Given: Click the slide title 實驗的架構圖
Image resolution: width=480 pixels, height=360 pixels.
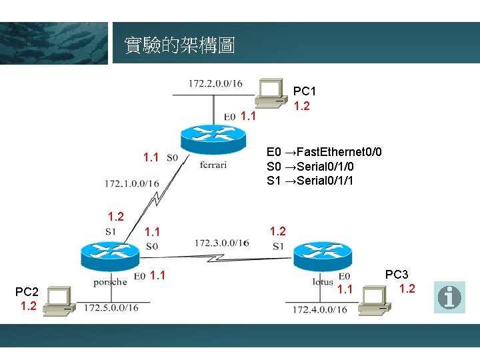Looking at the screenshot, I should click(x=179, y=45).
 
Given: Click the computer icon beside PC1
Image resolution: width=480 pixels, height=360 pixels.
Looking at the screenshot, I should click(x=271, y=93).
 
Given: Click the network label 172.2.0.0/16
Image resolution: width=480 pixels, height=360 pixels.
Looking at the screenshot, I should click(x=215, y=83).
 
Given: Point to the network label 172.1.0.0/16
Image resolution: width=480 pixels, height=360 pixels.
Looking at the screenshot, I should click(x=131, y=183).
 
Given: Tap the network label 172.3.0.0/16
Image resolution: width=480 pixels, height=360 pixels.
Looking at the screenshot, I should click(x=222, y=243).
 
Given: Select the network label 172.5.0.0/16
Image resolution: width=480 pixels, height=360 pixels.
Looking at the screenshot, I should click(x=111, y=307).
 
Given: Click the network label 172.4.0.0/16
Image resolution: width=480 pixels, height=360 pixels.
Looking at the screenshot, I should click(x=319, y=309).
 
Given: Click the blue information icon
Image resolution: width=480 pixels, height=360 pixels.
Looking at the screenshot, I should click(x=449, y=297).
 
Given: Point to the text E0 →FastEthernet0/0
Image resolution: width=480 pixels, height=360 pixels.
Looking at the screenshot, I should click(x=324, y=152).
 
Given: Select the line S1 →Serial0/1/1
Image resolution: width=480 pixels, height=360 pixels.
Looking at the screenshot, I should click(x=310, y=181).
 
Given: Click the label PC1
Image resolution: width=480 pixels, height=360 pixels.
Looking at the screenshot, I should click(x=305, y=91).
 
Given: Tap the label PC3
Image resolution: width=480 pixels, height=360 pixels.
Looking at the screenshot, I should click(x=397, y=274).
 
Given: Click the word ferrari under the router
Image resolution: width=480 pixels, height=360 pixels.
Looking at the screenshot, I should click(x=213, y=165).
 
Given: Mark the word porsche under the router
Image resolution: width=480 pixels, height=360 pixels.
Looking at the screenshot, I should click(x=110, y=282).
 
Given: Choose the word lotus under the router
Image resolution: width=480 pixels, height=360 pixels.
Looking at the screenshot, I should click(x=323, y=282).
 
